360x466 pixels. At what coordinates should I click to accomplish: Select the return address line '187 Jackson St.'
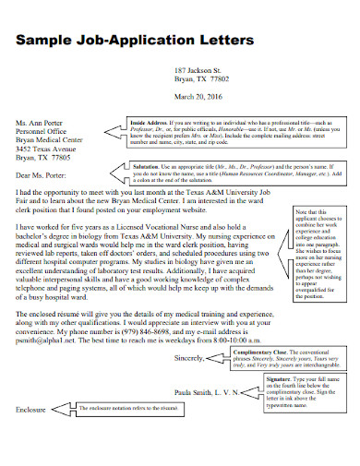click(x=198, y=70)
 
